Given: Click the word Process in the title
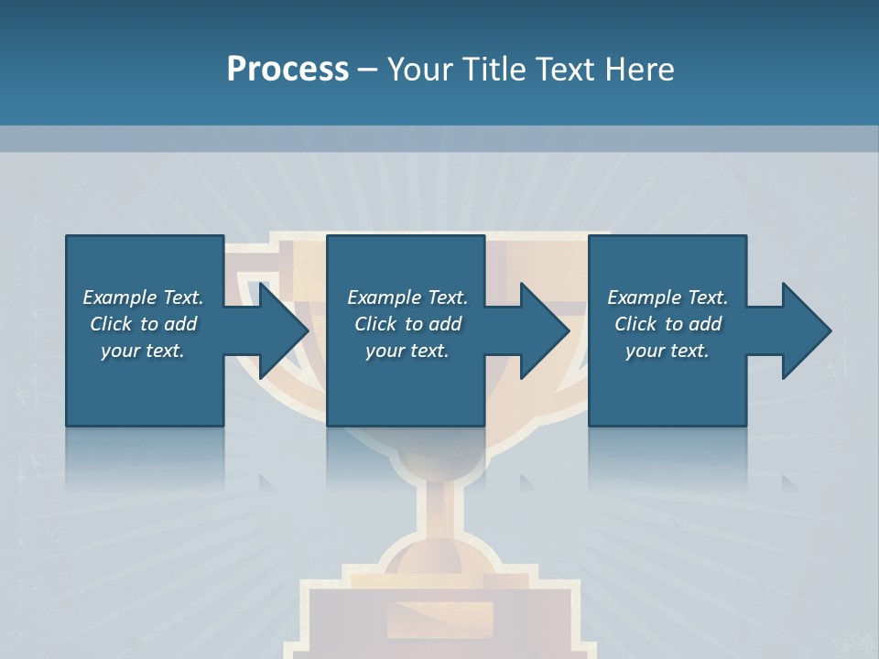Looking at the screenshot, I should pos(288,70).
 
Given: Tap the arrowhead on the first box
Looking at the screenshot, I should pos(284,330).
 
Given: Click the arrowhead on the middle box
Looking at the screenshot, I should pos(545,330).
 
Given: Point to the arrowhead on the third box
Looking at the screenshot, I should pos(806,330).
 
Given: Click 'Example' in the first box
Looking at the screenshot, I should pos(120,297).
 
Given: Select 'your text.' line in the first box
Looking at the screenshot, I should pos(143,351).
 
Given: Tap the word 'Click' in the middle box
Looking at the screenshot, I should pos(375,324).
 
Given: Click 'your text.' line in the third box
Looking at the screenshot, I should pos(667,351).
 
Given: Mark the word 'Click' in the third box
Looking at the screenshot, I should pos(635,324).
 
